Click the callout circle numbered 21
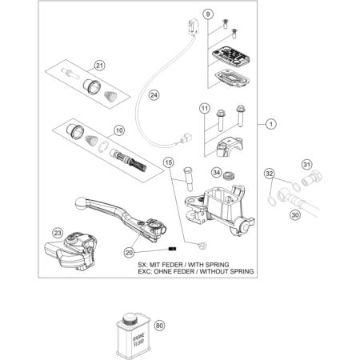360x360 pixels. click(x=99, y=66)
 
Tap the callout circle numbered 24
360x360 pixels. click(x=154, y=95)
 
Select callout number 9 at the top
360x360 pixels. click(x=208, y=14)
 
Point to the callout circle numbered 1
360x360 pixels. click(x=271, y=124)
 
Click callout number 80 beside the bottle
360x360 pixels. click(x=159, y=326)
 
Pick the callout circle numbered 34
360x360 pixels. click(x=217, y=173)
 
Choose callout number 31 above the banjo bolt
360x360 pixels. click(x=307, y=165)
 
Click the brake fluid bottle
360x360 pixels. click(x=133, y=336)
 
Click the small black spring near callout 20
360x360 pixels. click(x=173, y=249)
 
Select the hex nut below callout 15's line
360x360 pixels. click(x=204, y=245)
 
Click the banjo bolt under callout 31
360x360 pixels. click(x=312, y=178)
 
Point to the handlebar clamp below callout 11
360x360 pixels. click(x=230, y=146)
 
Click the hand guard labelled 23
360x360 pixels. click(x=70, y=250)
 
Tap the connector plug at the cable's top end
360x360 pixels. click(x=194, y=26)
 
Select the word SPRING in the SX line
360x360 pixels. click(x=216, y=265)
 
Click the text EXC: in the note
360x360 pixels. click(x=145, y=271)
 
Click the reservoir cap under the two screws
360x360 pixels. click(x=231, y=55)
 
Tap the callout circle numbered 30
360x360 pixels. click(x=295, y=214)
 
